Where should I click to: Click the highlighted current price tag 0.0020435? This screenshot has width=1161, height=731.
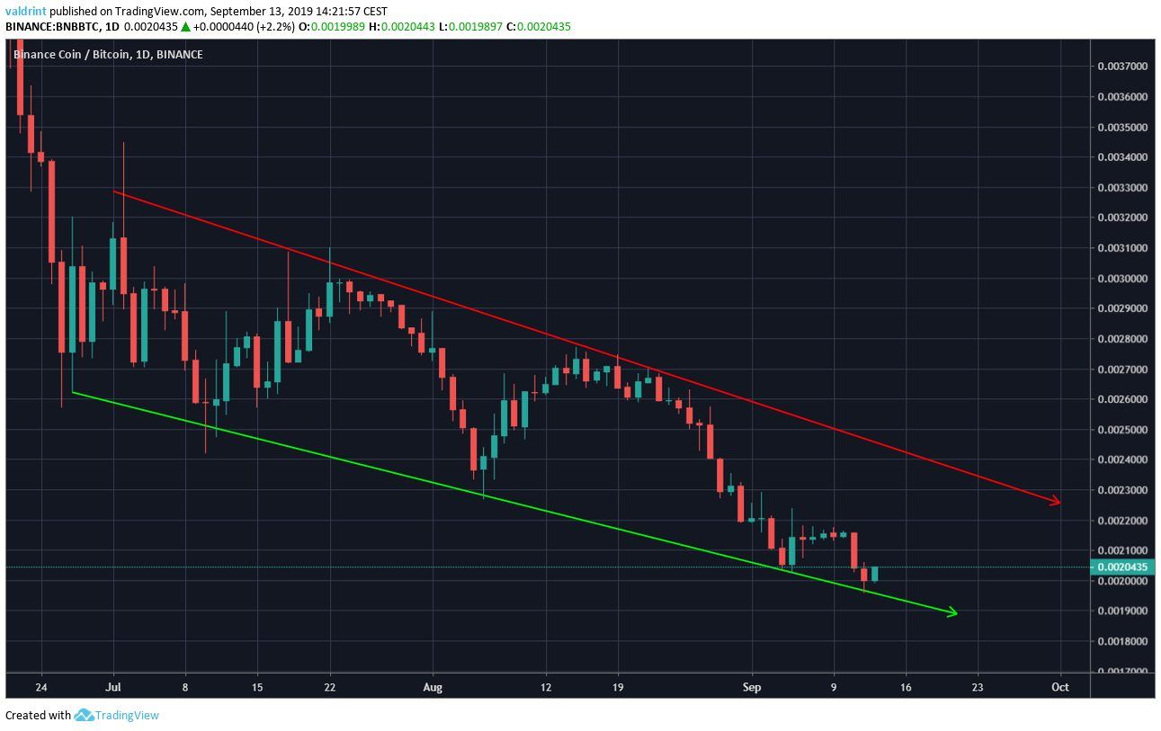(1123, 567)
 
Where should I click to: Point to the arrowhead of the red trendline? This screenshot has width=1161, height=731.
(1058, 502)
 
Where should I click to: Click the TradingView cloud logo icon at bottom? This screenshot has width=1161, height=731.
(84, 716)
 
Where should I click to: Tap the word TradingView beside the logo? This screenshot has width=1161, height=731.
(128, 716)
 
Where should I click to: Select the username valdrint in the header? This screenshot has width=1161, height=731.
(26, 12)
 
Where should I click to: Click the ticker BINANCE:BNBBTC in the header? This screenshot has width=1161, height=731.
(53, 26)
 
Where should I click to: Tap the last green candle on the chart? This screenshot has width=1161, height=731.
(874, 574)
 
